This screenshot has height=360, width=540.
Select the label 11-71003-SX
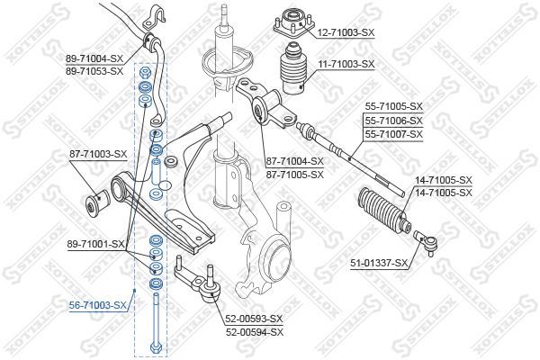[344, 65]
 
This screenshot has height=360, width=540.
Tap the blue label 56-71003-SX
[98, 306]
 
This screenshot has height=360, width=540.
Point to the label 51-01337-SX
[379, 263]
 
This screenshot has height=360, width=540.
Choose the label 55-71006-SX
[392, 120]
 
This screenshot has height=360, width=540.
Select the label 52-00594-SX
[255, 331]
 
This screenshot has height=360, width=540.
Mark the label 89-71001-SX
[95, 243]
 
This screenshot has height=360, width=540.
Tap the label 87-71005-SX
[294, 174]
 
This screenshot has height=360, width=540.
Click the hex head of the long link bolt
[157, 347]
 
